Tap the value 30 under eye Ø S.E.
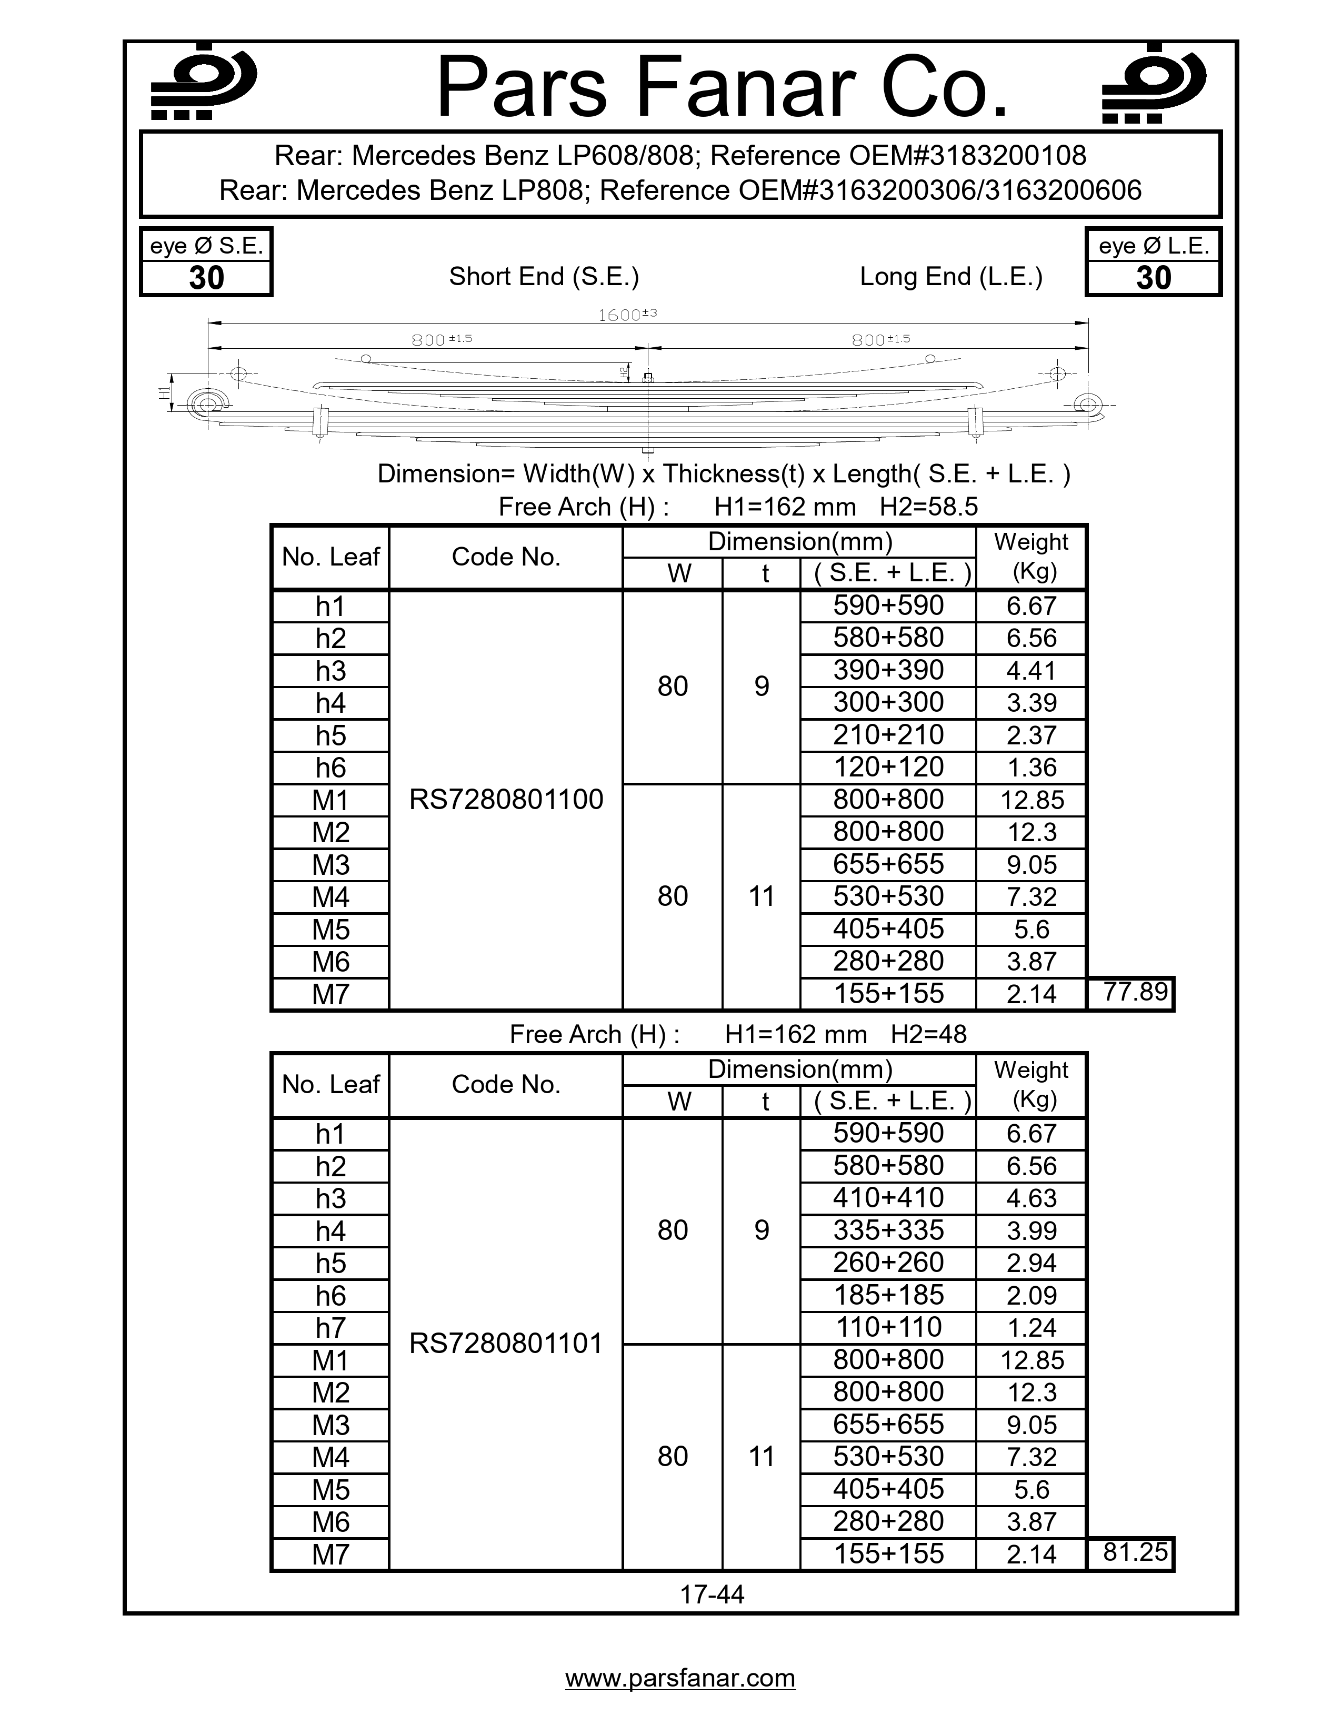coord(206,278)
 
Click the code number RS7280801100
coord(506,800)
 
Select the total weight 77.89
coord(1135,992)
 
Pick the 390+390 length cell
coord(888,670)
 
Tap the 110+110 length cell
coord(888,1327)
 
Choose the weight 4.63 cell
coord(1031,1198)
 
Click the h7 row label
coord(330,1327)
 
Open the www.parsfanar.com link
coord(680,1677)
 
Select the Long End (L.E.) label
coord(951,277)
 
